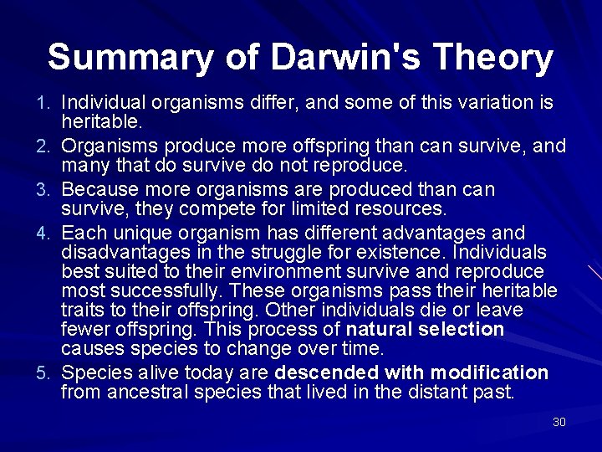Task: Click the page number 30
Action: (x=559, y=422)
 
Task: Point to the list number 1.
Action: (x=50, y=103)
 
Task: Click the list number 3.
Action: (x=50, y=190)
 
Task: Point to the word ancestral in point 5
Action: (x=148, y=391)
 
